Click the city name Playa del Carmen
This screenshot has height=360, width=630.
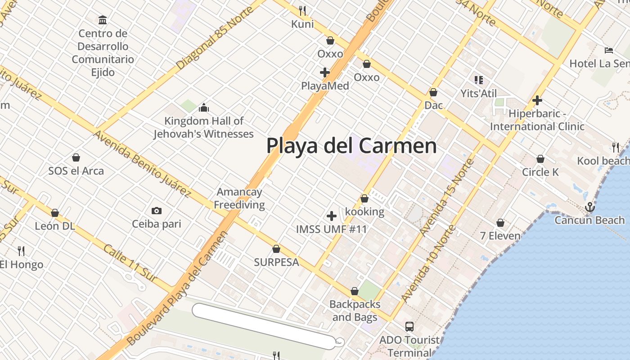[x=351, y=146]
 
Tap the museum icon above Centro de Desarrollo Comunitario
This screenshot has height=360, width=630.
[x=103, y=20]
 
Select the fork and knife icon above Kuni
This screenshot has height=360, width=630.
[x=302, y=10]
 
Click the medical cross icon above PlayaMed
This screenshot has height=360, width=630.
[x=325, y=72]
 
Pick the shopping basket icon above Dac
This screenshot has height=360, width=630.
[x=433, y=92]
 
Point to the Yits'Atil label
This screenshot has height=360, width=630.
[x=478, y=93]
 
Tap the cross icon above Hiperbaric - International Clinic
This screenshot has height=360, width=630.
[x=537, y=100]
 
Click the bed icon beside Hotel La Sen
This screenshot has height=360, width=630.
[x=609, y=50]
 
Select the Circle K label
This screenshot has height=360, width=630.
[x=540, y=172]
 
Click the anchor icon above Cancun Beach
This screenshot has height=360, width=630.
[x=589, y=207]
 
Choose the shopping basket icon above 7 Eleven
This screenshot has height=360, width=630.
[x=500, y=223]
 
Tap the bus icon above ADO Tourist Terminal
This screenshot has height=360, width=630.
[x=409, y=327]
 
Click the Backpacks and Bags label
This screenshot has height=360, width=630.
[x=355, y=310]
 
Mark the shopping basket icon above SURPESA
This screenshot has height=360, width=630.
[x=276, y=249]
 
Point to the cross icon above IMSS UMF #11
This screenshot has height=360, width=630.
[x=332, y=216]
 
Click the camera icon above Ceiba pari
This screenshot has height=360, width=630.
[x=156, y=211]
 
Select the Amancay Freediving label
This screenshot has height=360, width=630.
[x=239, y=198]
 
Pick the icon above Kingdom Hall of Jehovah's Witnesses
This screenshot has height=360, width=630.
[x=204, y=108]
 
